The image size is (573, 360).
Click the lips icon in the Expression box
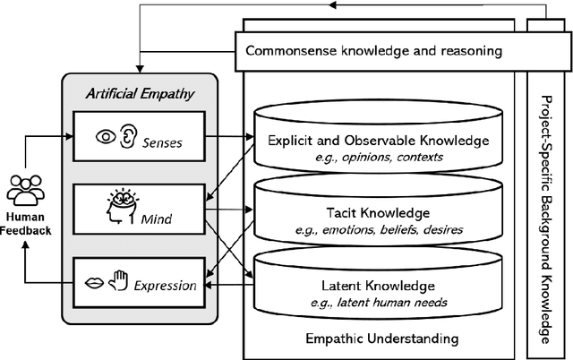93,285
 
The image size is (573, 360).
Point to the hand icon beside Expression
116,284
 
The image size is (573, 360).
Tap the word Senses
169,140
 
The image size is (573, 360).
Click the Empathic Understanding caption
381,339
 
